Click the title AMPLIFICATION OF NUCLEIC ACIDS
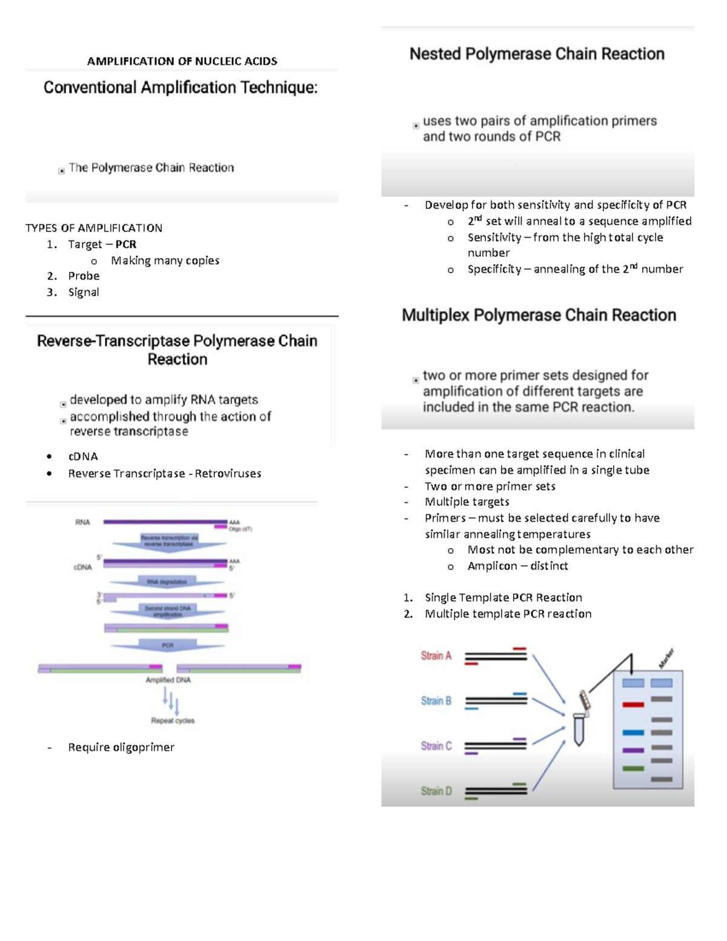(x=182, y=61)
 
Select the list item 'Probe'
(x=84, y=276)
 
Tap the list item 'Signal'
(x=84, y=292)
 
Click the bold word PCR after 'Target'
(x=126, y=245)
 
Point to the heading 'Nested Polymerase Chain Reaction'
(x=537, y=54)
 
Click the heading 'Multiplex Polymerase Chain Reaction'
(x=539, y=315)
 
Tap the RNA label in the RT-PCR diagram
(x=82, y=522)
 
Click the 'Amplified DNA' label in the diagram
(x=168, y=680)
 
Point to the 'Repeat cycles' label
(x=173, y=720)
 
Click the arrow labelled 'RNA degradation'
(x=167, y=582)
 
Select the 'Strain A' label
(x=436, y=656)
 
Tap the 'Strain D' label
(x=436, y=791)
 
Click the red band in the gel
(x=633, y=705)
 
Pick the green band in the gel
(x=633, y=768)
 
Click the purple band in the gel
(x=633, y=750)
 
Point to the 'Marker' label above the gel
(x=666, y=659)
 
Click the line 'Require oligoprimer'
(x=121, y=748)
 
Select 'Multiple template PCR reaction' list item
(x=508, y=614)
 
